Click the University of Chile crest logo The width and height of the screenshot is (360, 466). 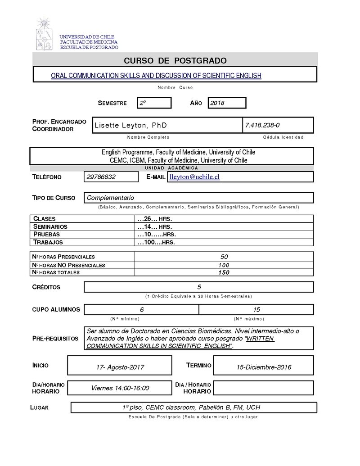click(44, 34)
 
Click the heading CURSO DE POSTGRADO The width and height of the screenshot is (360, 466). click(175, 61)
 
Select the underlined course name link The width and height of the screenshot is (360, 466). click(156, 76)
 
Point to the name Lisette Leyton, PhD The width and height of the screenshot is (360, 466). click(130, 125)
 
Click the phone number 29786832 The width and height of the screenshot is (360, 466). click(101, 177)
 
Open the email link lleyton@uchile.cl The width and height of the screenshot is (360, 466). click(194, 177)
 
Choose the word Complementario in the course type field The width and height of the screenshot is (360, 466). click(110, 198)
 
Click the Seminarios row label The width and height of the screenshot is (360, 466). click(50, 226)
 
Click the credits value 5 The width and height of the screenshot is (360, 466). click(199, 287)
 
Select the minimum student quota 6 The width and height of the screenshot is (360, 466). click(142, 309)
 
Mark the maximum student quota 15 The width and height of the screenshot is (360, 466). click(256, 309)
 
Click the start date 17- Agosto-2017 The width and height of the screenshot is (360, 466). click(120, 367)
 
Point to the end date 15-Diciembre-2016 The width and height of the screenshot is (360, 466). click(264, 367)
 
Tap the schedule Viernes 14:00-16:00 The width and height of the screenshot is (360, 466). click(120, 388)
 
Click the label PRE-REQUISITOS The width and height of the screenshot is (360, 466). click(55, 339)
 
